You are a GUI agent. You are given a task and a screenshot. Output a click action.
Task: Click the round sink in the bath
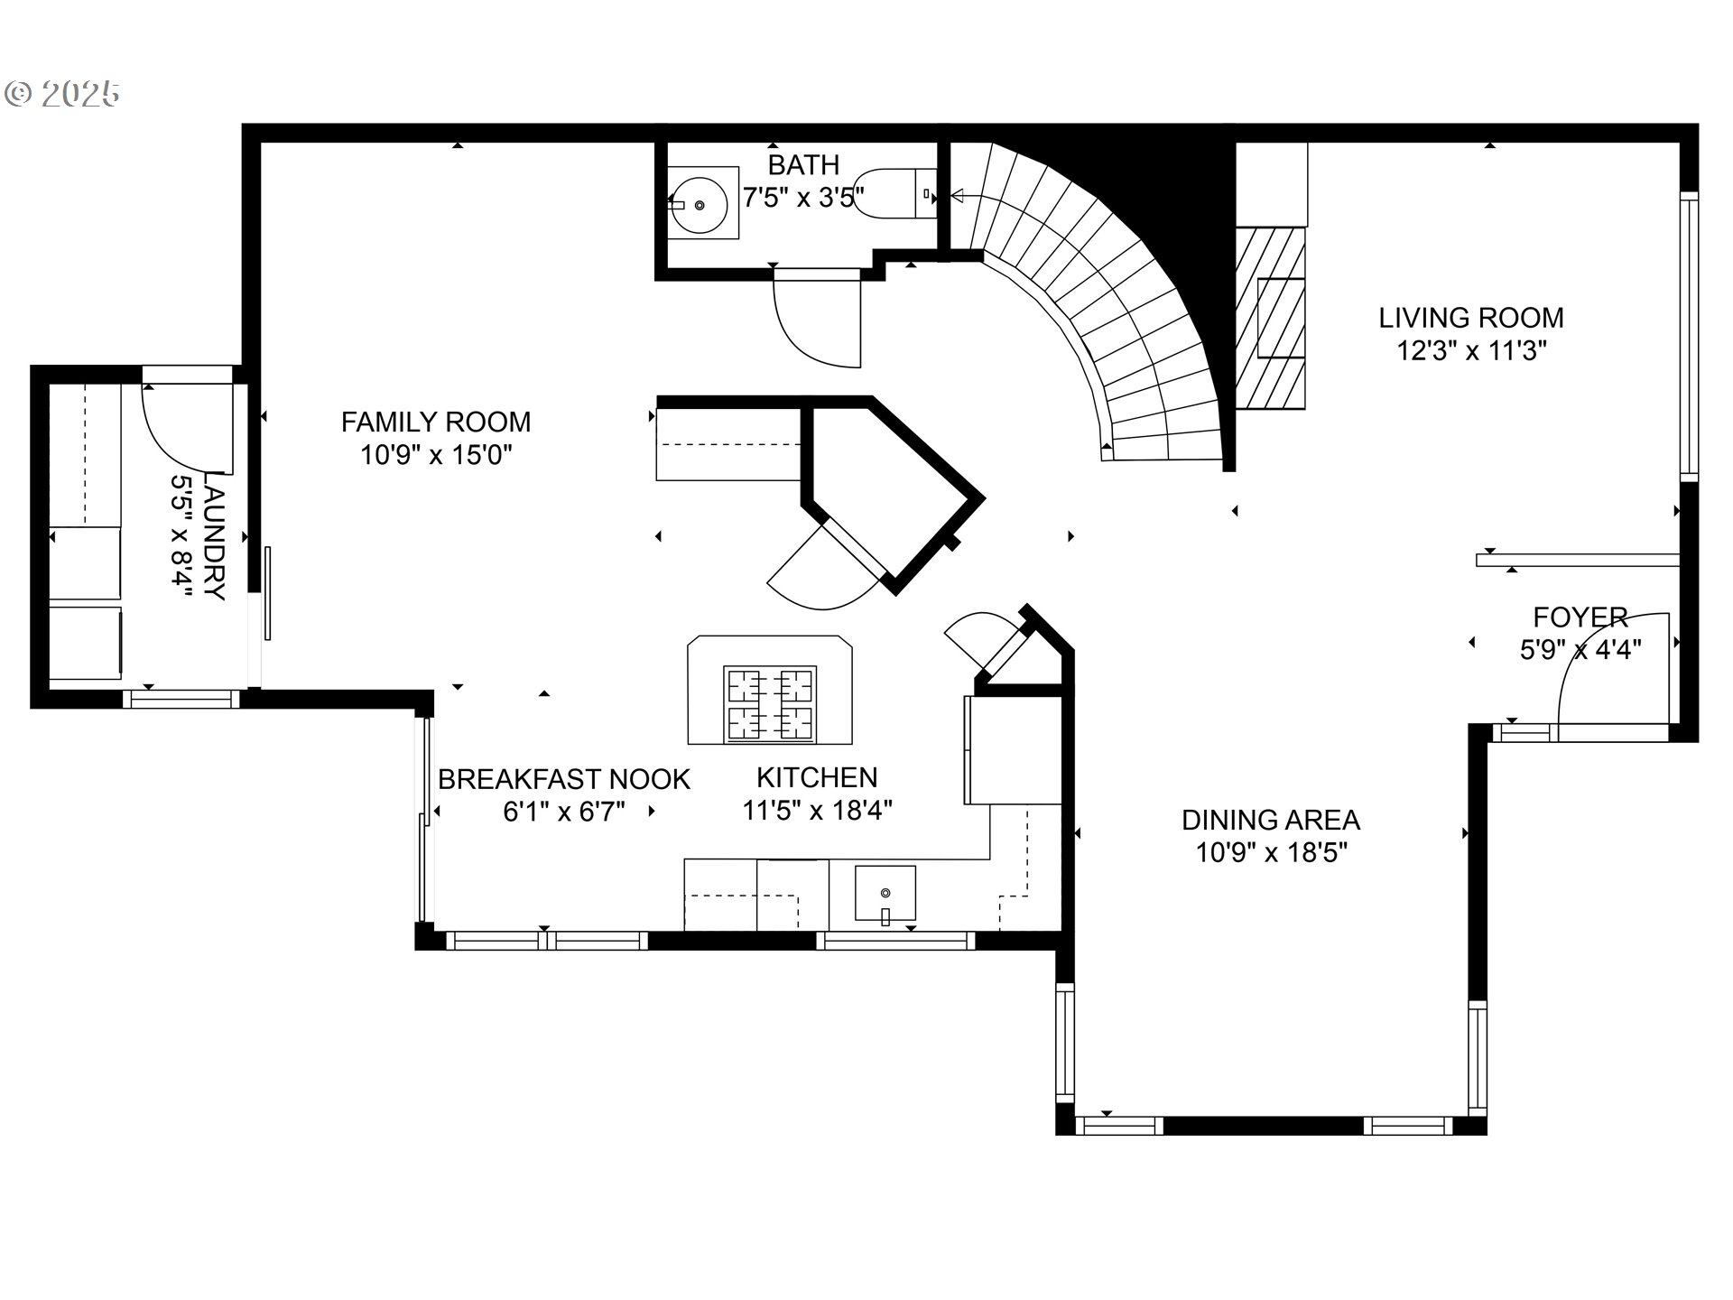(699, 204)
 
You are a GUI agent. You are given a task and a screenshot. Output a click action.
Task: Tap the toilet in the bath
(894, 193)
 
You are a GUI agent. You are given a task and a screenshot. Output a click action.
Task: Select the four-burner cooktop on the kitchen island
(770, 705)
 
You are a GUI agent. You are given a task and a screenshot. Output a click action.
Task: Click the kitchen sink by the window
(885, 896)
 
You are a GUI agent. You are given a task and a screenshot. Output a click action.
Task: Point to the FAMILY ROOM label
(436, 422)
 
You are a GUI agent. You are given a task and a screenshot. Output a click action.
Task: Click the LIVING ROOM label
(1471, 318)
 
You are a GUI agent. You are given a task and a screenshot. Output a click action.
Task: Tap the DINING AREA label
(1271, 820)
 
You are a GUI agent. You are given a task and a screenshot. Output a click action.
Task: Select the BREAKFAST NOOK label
(564, 779)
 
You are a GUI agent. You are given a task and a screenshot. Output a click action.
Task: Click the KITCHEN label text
(817, 777)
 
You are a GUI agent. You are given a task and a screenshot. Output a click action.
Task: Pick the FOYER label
(1580, 617)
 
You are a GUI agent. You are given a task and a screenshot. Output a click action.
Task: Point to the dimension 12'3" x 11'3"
(1472, 350)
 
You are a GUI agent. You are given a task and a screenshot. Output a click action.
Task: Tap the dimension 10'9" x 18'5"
(1272, 852)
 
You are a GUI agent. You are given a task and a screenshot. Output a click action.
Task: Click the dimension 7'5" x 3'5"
(803, 197)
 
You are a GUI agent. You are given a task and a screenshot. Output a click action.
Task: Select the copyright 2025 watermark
(62, 93)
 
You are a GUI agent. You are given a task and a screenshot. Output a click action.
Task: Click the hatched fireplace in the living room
(1270, 318)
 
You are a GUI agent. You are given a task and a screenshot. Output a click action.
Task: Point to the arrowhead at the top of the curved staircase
(957, 195)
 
